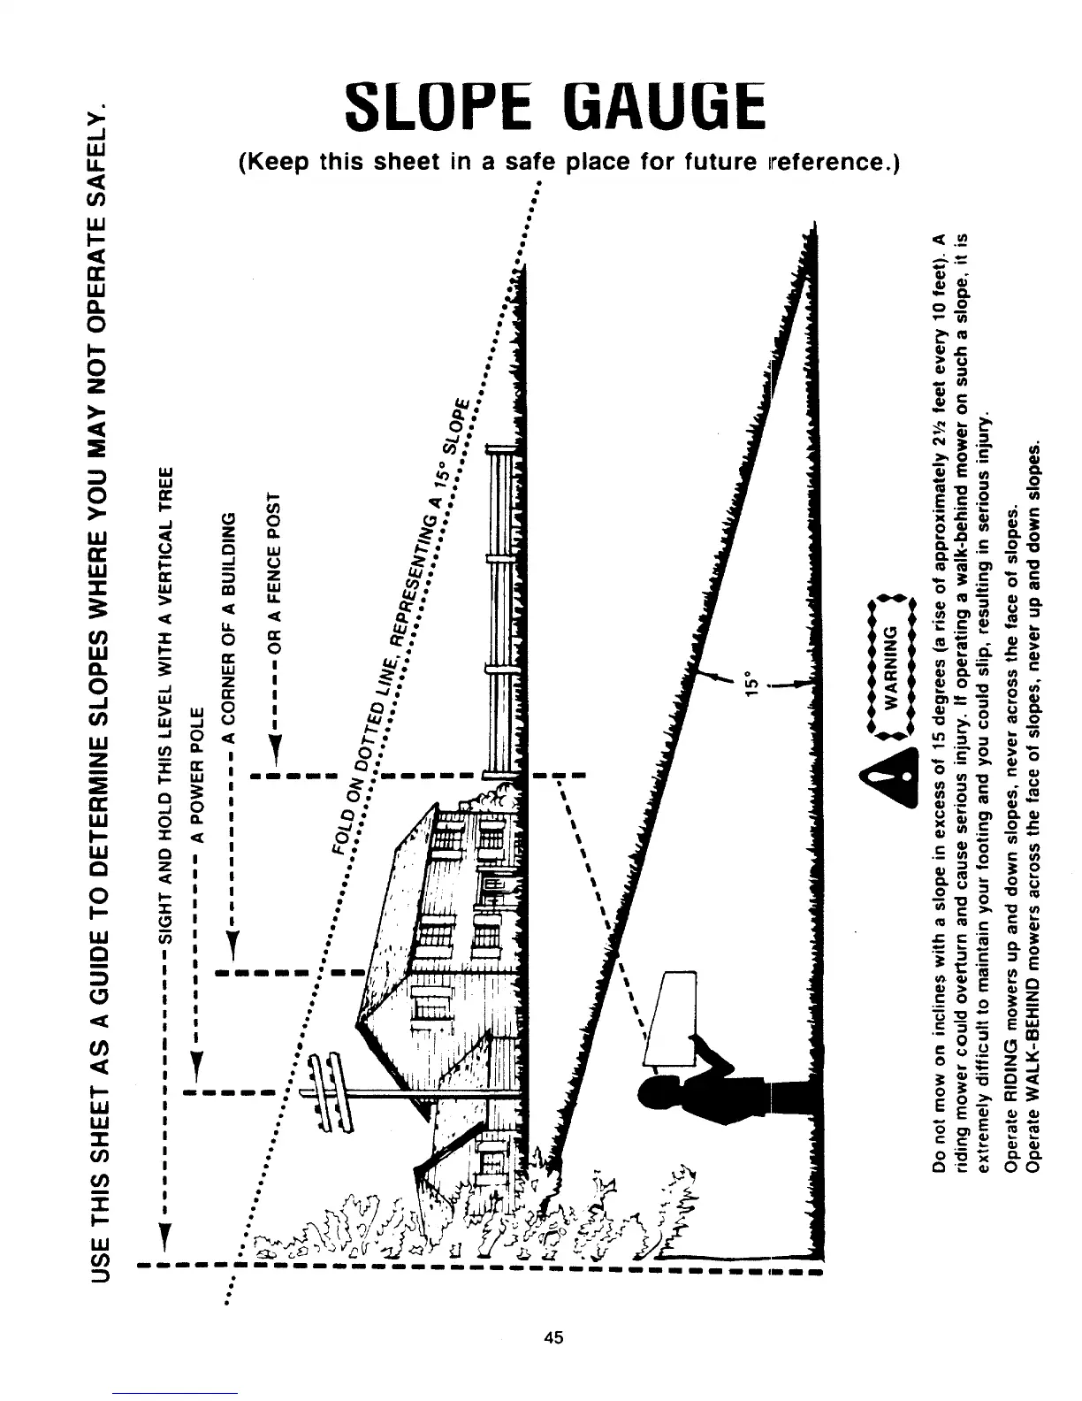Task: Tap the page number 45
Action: tap(554, 1336)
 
